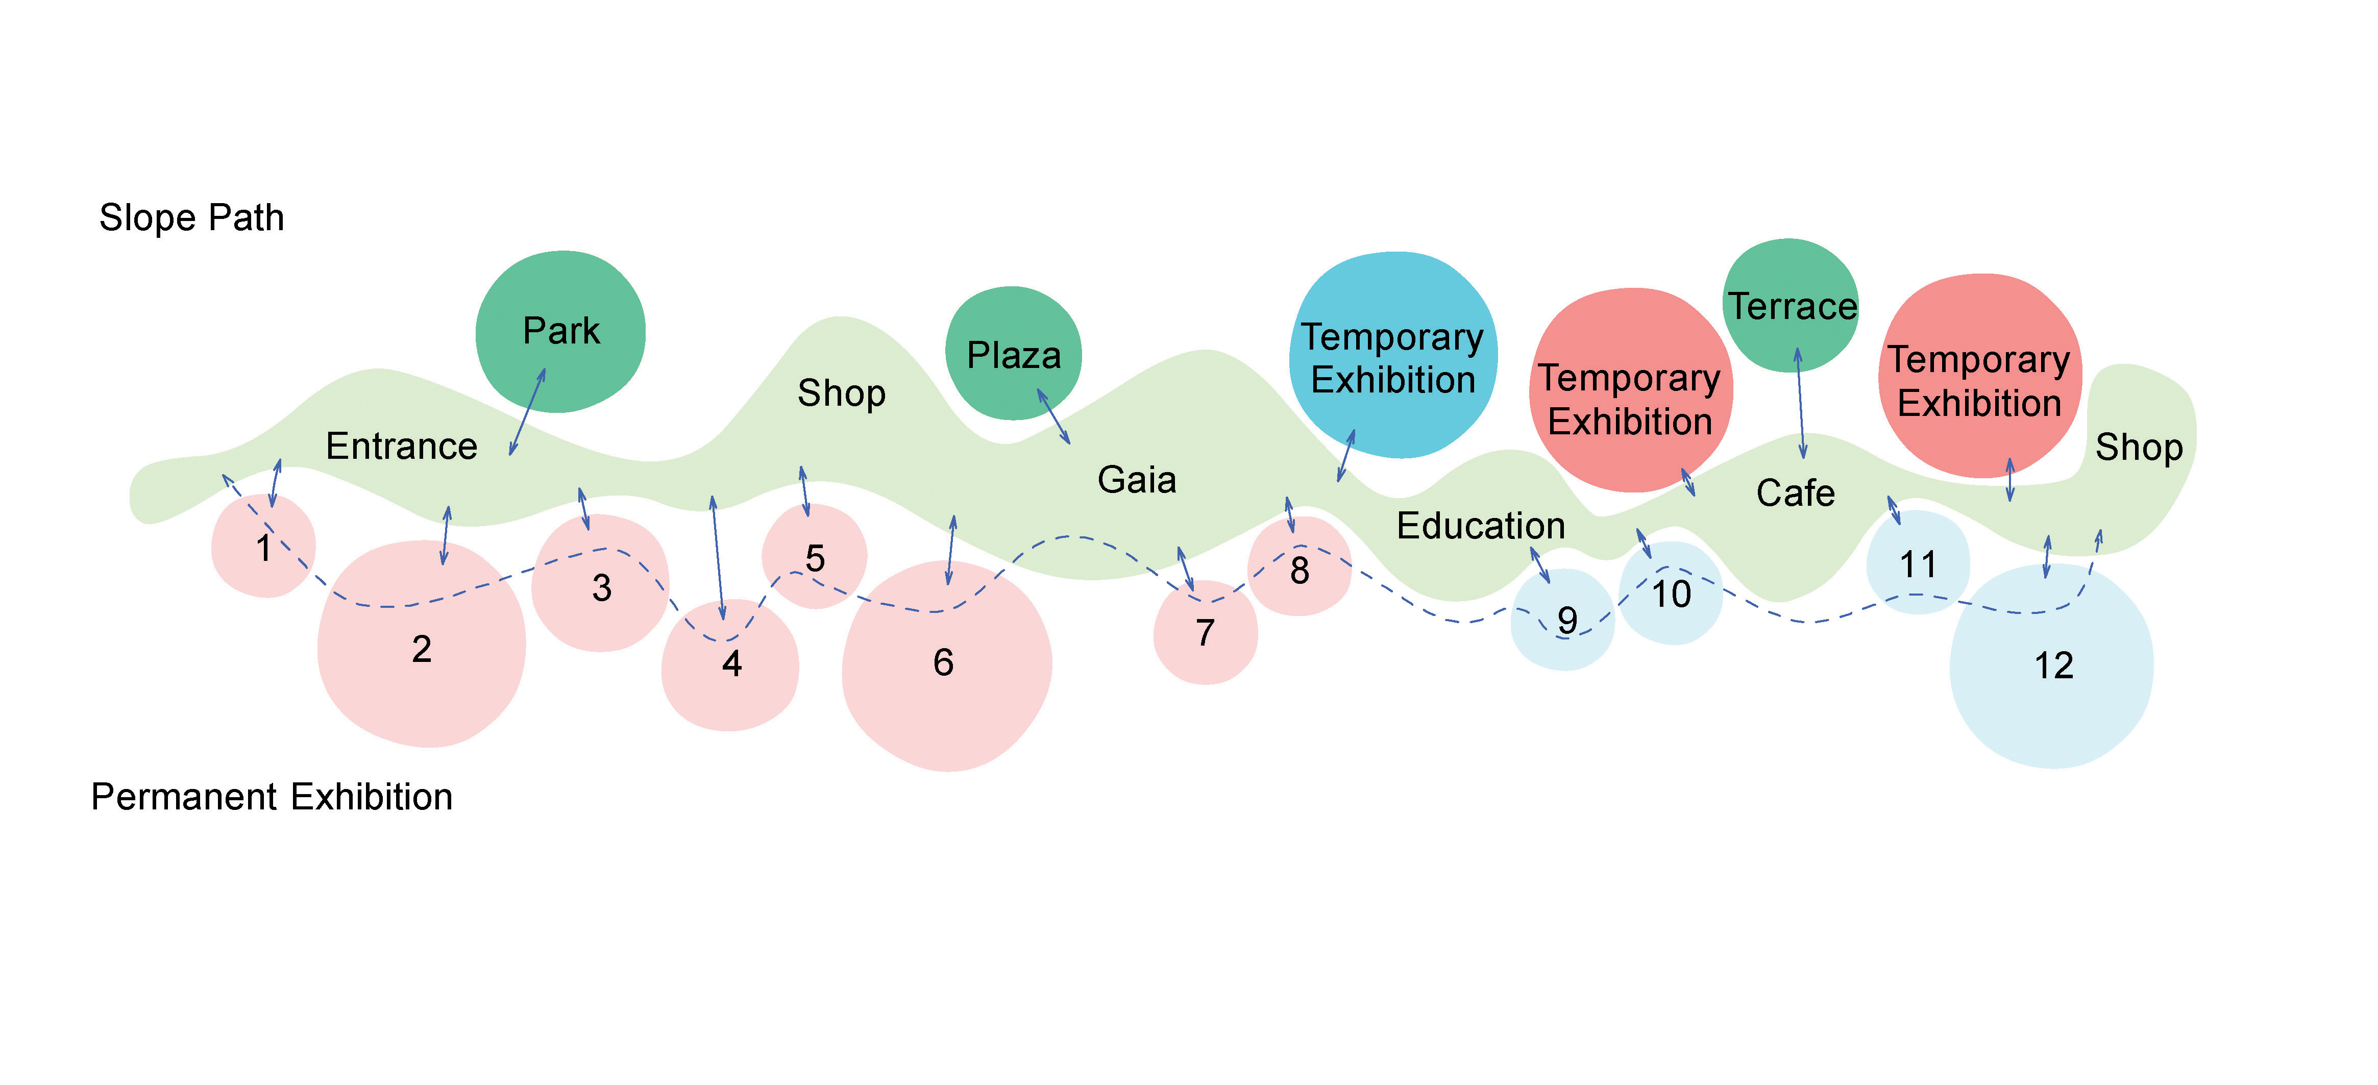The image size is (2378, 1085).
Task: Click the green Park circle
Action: coord(560,332)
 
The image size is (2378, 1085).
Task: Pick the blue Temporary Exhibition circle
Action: coord(1393,355)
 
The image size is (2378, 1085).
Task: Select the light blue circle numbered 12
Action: coord(2052,666)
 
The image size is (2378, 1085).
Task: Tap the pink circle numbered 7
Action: coord(1206,632)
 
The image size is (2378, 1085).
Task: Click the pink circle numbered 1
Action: coord(263,546)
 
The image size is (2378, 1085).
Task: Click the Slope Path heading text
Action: coord(192,218)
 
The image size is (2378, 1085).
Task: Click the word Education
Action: coord(1481,526)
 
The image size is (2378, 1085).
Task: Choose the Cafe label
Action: coord(1796,493)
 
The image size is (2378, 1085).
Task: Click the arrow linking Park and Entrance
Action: coord(527,412)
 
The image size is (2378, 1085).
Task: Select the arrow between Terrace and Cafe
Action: coord(1800,403)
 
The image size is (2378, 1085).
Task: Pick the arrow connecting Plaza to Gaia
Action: coord(1053,416)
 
